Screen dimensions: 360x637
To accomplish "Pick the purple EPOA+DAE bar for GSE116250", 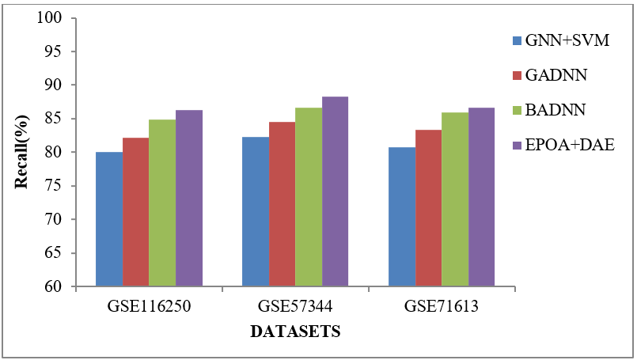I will tap(189, 199).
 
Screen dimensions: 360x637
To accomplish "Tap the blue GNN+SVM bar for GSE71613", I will tap(402, 217).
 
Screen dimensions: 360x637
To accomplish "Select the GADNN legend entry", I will tap(554, 75).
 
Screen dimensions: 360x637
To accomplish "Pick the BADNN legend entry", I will tap(553, 111).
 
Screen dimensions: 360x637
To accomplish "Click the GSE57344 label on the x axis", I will tap(295, 305).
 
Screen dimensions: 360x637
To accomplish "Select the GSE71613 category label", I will tap(442, 305).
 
